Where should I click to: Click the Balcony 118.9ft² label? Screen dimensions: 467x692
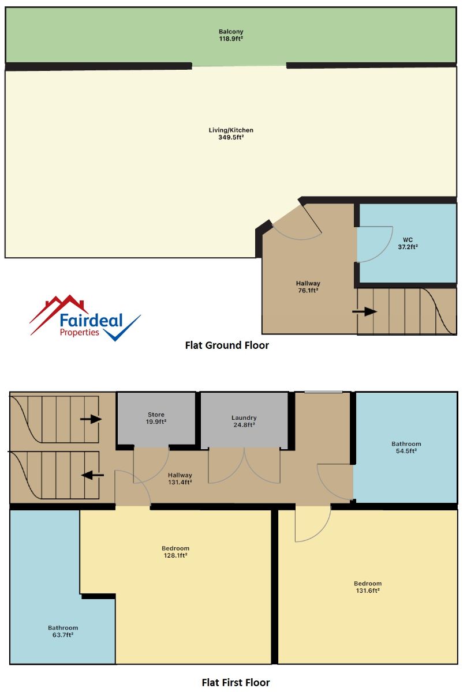pos(231,35)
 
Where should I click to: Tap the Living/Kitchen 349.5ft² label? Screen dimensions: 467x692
pos(231,133)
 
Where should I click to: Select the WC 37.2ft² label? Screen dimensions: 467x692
pos(408,243)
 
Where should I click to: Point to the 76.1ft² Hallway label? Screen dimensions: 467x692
pos(308,287)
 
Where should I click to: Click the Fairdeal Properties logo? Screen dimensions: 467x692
pos(85,318)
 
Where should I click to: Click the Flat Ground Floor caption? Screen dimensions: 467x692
pos(227,345)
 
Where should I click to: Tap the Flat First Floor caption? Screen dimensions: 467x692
pos(236,682)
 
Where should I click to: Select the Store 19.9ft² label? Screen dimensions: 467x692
pos(156,418)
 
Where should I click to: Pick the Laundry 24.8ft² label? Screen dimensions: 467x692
pos(244,421)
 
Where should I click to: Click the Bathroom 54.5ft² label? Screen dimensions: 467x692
pos(406,447)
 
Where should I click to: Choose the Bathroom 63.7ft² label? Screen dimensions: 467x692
pos(63,631)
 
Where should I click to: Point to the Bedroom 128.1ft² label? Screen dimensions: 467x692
pos(175,552)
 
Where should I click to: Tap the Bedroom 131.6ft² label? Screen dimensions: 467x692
pos(367,587)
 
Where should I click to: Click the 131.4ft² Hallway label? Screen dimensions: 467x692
pos(180,479)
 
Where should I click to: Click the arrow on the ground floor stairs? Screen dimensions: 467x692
pos(365,311)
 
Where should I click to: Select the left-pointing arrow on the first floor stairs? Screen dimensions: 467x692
pos(92,475)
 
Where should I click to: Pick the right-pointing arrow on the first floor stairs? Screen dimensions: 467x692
pos(91,419)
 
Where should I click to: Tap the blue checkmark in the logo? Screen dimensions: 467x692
pos(122,329)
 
